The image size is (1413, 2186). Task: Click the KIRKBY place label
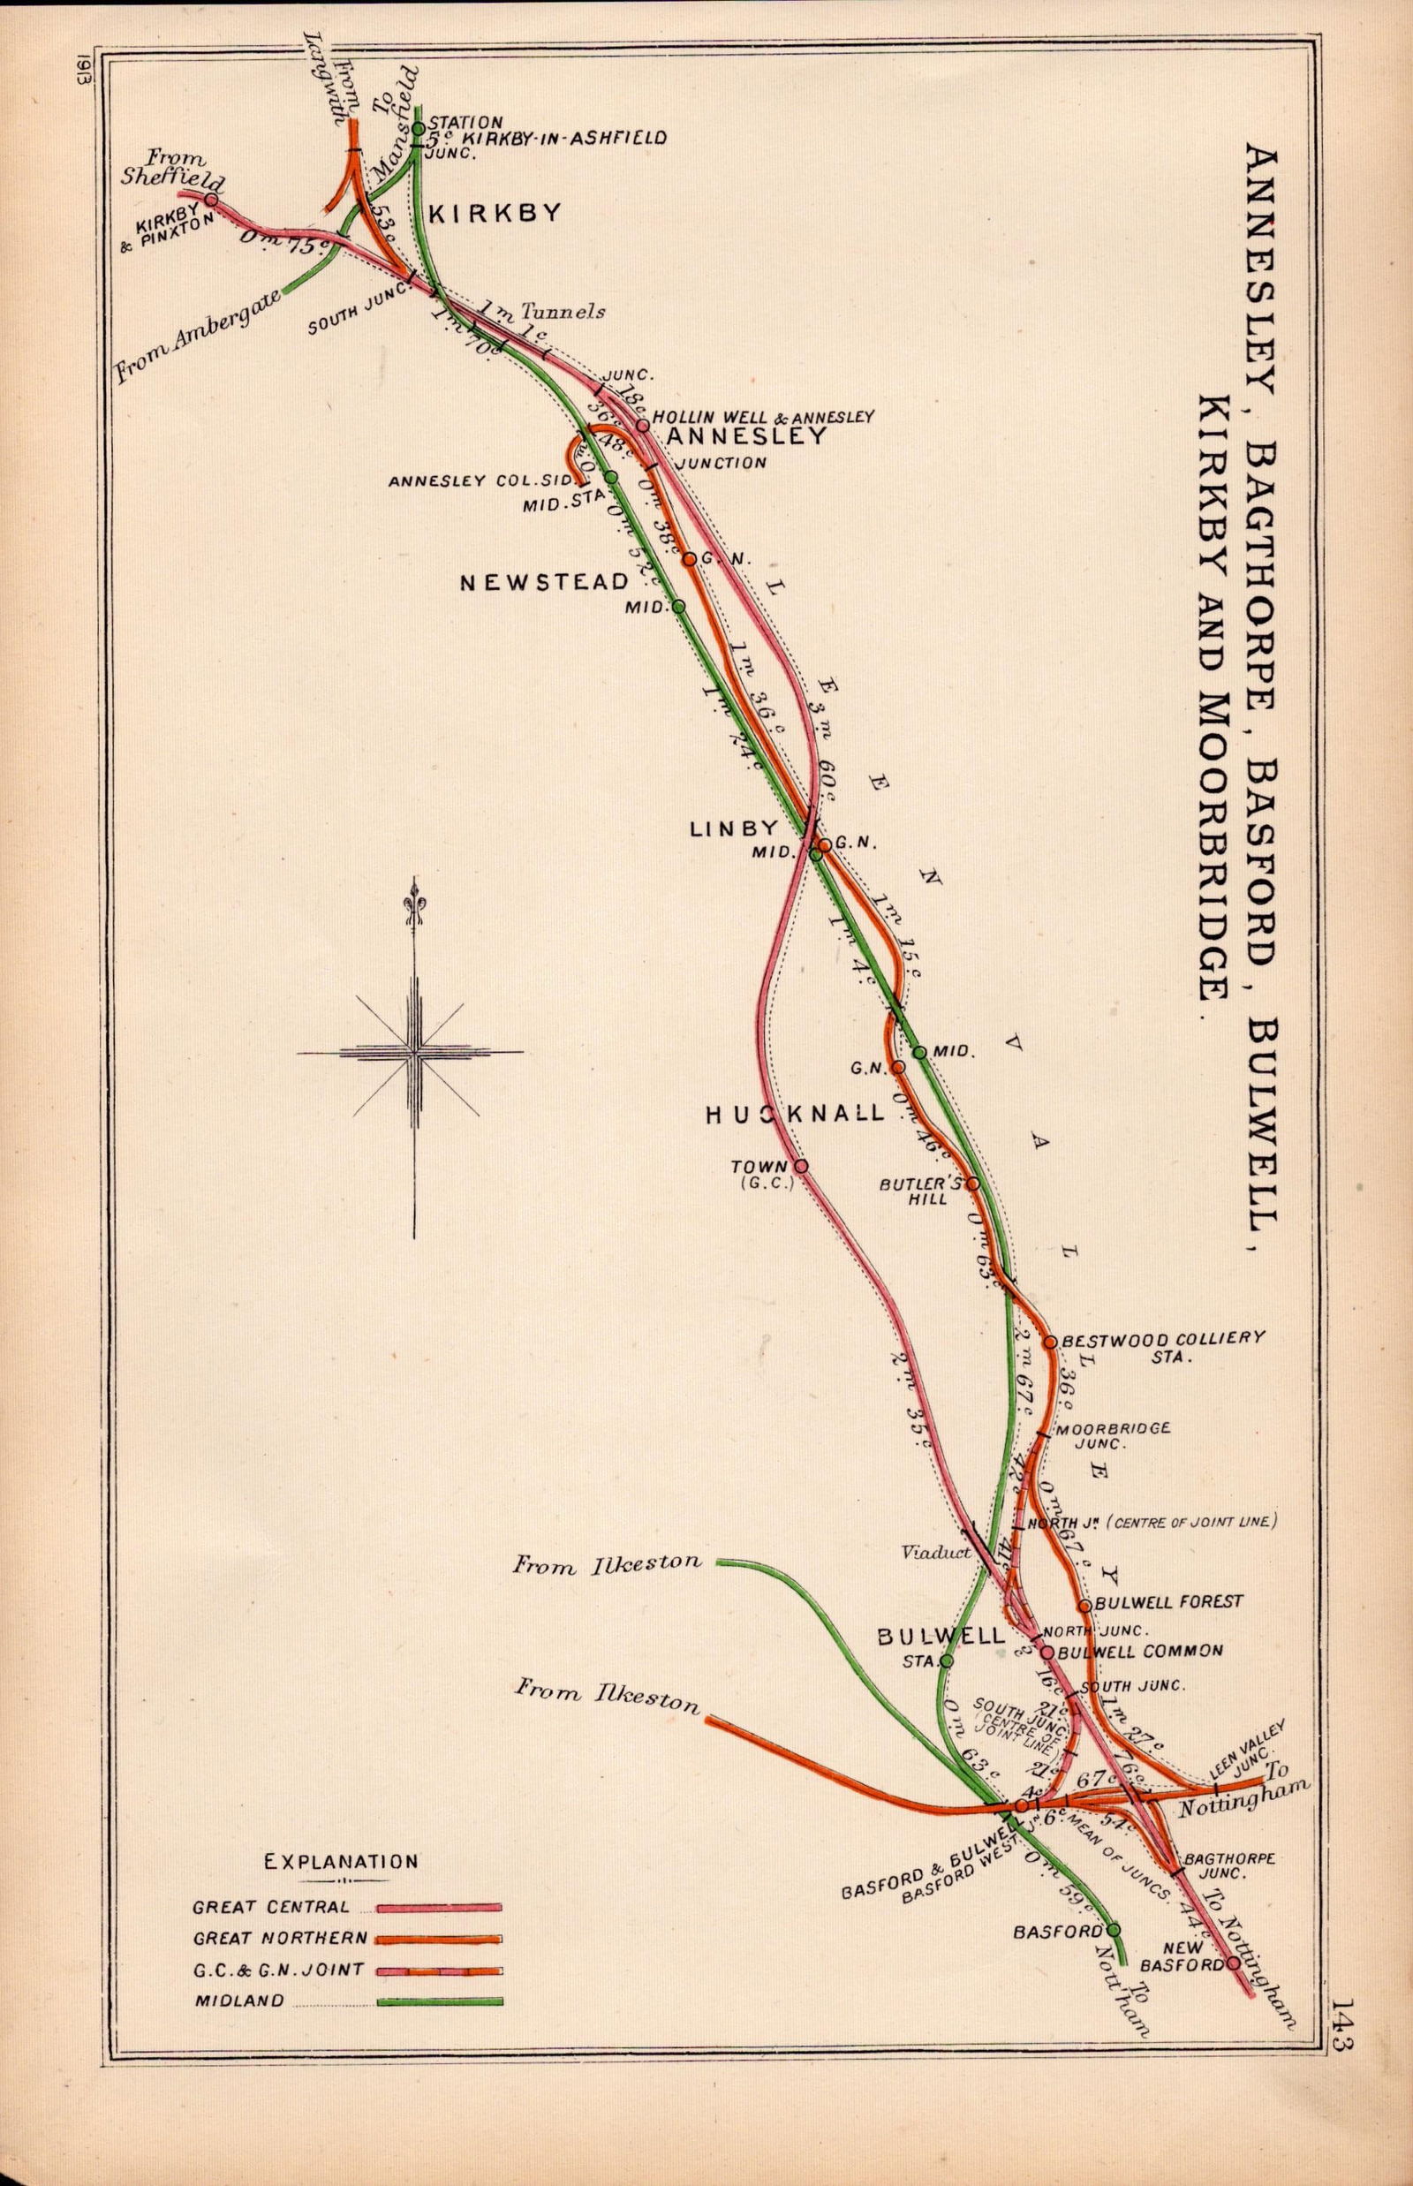coord(494,213)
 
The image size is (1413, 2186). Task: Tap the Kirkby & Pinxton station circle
coord(212,199)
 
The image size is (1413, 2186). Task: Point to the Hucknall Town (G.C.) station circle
coord(801,1166)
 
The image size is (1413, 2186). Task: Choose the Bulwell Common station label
coord(1140,1651)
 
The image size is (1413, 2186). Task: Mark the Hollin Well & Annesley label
coord(762,417)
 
